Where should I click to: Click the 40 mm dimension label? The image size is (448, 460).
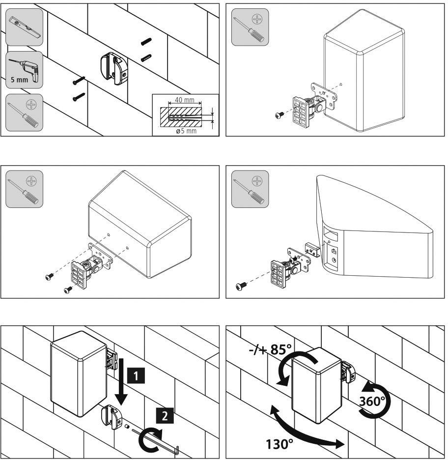(x=185, y=100)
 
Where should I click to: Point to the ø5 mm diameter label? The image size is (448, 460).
(x=185, y=131)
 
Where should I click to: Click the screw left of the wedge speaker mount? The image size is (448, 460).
(x=242, y=285)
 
